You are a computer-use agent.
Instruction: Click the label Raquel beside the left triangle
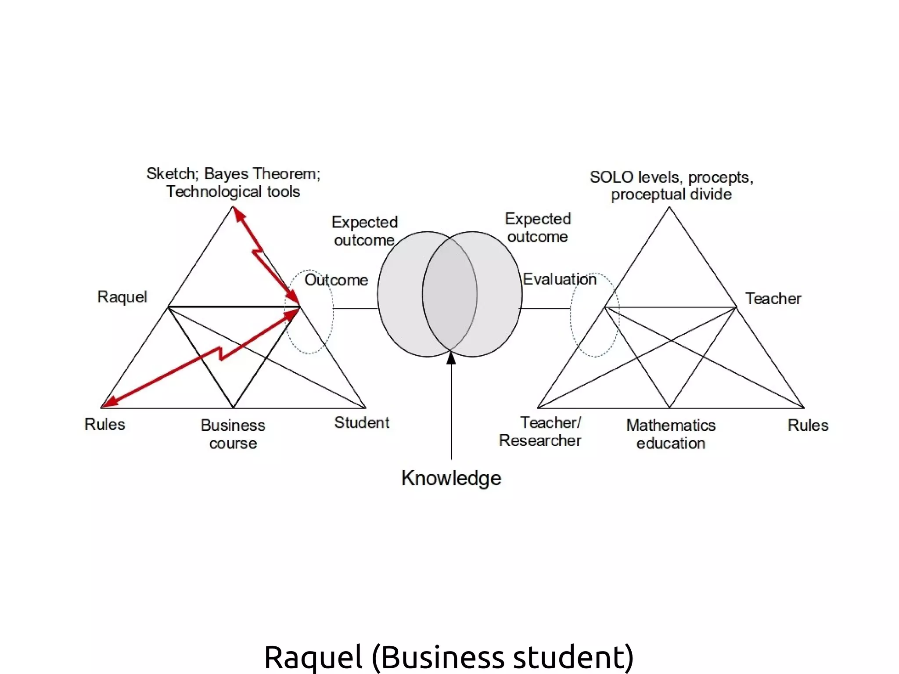[x=122, y=297]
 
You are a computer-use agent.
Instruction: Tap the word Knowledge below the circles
[x=451, y=478]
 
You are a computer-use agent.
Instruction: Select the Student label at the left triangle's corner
[x=361, y=423]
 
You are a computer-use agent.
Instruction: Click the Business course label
[x=233, y=434]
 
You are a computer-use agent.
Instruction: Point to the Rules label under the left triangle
[x=105, y=425]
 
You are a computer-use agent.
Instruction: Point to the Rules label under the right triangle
[x=808, y=425]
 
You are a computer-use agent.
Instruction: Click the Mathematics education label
[x=671, y=434]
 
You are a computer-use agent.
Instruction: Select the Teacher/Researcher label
[x=540, y=432]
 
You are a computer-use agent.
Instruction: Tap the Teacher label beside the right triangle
[x=773, y=299]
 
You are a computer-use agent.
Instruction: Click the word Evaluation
[x=559, y=279]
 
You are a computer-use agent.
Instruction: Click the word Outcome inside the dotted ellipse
[x=336, y=280]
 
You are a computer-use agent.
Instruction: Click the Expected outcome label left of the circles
[x=364, y=231]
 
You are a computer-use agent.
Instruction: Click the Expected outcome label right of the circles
[x=538, y=228]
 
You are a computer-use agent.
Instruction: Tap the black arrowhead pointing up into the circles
[x=451, y=359]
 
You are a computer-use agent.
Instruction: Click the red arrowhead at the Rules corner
[x=110, y=401]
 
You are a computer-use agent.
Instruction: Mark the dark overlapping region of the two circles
[x=450, y=294]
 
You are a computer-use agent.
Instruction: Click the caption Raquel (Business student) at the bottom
[x=449, y=657]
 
